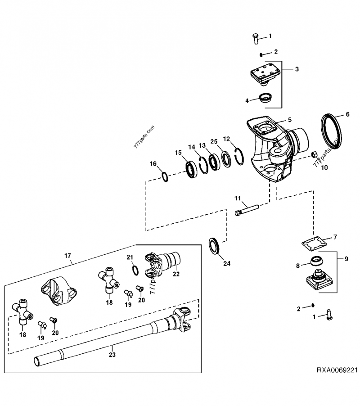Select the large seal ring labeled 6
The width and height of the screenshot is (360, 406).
333,130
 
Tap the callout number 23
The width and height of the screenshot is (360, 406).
112,355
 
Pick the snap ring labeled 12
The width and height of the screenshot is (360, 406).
240,153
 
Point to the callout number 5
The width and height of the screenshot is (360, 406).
290,120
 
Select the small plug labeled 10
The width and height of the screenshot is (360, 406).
315,155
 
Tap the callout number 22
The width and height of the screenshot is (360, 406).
176,273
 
